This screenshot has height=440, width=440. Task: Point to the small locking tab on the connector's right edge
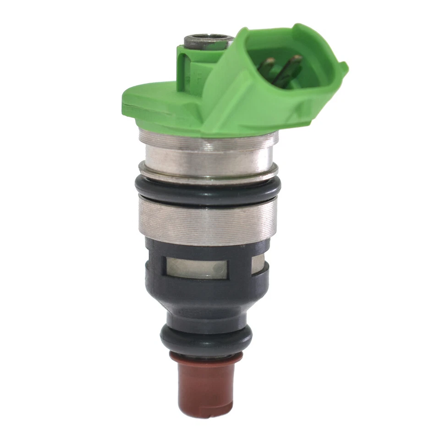point(342,69)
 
